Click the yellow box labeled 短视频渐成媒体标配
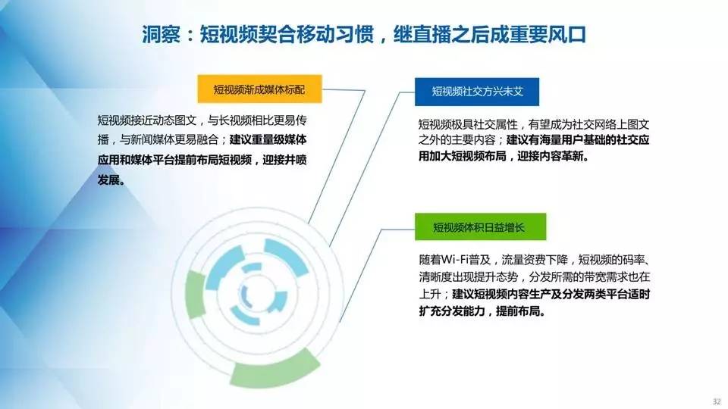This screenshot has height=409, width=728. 259,89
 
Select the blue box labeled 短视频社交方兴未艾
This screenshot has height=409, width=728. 477,92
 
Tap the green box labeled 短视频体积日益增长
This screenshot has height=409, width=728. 480,226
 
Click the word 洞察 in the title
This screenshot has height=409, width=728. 161,34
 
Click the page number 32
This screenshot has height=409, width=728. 717,401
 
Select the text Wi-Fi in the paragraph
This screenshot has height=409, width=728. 456,259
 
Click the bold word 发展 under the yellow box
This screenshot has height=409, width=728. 108,180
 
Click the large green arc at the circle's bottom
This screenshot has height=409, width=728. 275,369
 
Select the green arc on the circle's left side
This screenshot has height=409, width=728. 196,295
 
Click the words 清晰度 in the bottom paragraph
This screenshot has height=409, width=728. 435,277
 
